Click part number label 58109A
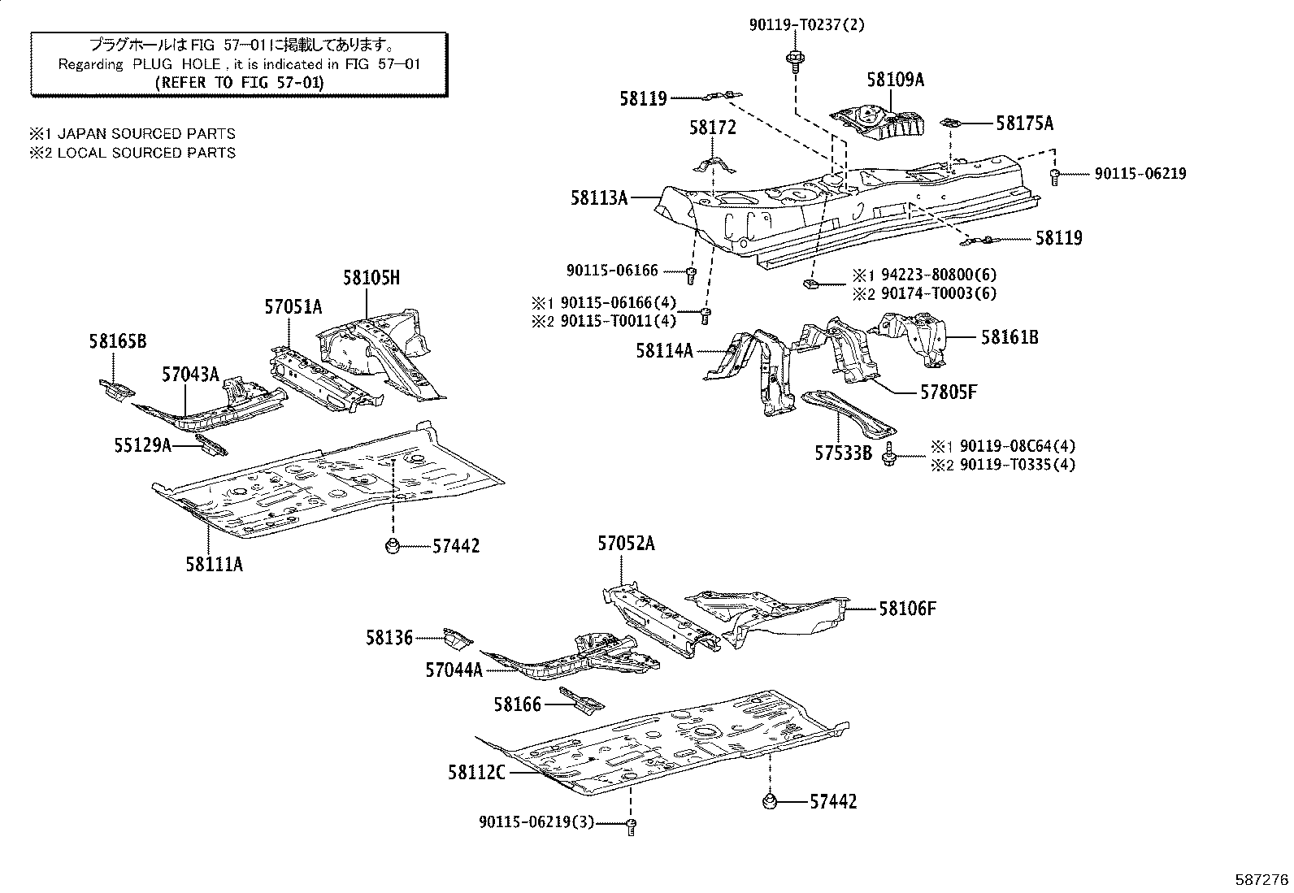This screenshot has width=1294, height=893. (895, 80)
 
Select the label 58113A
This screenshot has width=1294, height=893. (598, 197)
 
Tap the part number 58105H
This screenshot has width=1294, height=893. (371, 278)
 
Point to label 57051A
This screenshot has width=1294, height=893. (293, 306)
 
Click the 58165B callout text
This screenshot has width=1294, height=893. (118, 342)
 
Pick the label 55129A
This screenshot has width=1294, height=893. (142, 444)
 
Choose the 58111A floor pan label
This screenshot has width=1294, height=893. (214, 564)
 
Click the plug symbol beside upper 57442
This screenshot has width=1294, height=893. (392, 544)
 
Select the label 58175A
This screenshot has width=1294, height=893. (1024, 123)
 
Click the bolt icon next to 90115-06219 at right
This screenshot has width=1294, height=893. (1055, 175)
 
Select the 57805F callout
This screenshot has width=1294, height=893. (948, 392)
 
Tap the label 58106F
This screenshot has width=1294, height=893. (906, 608)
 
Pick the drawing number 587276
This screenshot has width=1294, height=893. (1261, 880)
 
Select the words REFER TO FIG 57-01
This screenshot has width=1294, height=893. (239, 82)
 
